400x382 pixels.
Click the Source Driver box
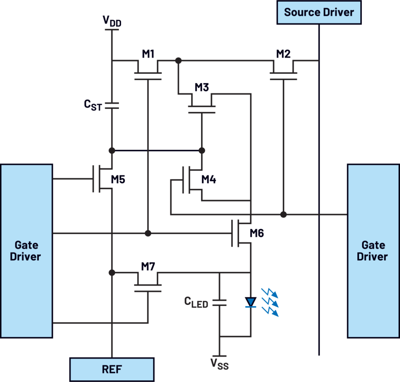point(319,12)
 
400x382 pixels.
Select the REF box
point(112,369)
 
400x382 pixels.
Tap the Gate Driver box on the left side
point(26,251)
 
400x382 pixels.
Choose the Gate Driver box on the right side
point(373,251)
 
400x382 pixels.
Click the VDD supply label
point(112,21)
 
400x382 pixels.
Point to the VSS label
point(219,364)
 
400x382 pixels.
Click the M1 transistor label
point(148,54)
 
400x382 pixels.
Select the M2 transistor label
point(283,54)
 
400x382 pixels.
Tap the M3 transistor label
point(202,87)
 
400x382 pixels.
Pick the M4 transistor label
point(209,180)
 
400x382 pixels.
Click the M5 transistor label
point(118,180)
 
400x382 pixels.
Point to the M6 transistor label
point(257,233)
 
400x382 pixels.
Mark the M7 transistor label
point(148,266)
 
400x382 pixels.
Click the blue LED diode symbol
point(251,302)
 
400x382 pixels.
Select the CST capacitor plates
point(112,106)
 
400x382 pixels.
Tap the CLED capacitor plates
point(219,303)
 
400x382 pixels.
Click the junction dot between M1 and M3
point(178,60)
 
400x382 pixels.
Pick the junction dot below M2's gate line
point(283,214)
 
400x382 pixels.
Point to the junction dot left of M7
point(112,272)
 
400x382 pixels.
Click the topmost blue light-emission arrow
point(270,293)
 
